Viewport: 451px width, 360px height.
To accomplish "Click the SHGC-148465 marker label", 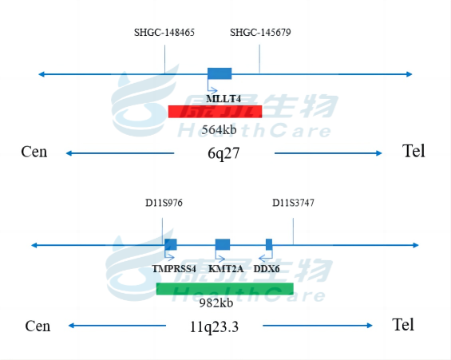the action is coord(164,32).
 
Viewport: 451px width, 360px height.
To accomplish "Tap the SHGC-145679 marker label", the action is coord(260,32).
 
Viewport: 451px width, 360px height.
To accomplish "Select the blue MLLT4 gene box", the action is coord(220,73).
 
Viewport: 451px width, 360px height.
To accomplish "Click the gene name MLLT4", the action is coord(224,99).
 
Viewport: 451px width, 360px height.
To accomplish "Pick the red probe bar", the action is coord(216,112).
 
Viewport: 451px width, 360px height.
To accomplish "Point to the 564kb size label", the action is coord(220,129).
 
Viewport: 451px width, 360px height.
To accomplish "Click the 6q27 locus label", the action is coord(224,153).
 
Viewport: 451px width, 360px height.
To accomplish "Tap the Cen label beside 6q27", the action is coord(34,152).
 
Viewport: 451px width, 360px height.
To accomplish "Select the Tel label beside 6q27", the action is coord(413,151).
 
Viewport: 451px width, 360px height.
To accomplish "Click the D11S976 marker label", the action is coord(164,203).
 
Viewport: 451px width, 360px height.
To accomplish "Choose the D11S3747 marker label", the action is coord(293,203).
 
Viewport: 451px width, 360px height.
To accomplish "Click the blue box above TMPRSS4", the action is coord(171,244).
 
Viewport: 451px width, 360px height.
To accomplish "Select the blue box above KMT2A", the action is coord(223,244).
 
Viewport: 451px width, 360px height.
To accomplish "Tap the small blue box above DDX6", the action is coord(269,244).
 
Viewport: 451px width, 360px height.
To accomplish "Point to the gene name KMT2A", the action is coord(226,269).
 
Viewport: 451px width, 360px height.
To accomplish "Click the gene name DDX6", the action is coord(267,269).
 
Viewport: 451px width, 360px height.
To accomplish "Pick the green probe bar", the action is coord(225,289).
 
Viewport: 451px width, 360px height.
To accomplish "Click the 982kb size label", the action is coord(216,303).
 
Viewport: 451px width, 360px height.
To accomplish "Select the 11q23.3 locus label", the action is coord(214,326).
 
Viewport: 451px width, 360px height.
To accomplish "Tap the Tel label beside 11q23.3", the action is coord(403,325).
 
